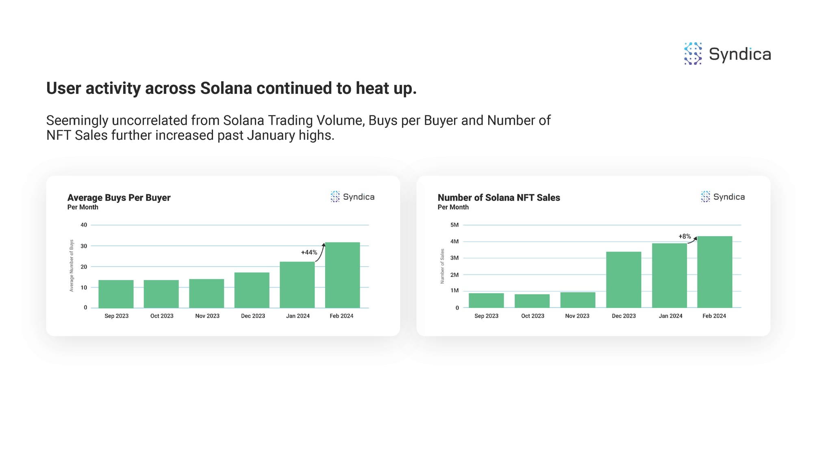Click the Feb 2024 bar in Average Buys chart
pyautogui.click(x=342, y=275)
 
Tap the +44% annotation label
pyautogui.click(x=309, y=252)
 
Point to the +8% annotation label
pyautogui.click(x=685, y=236)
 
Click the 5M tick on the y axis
pyautogui.click(x=454, y=225)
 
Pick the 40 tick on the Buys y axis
pyautogui.click(x=84, y=225)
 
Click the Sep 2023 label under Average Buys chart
pyautogui.click(x=116, y=316)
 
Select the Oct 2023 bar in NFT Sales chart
pyautogui.click(x=532, y=301)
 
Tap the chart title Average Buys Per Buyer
pyautogui.click(x=119, y=198)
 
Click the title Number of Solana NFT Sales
pyautogui.click(x=499, y=198)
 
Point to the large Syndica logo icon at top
pyautogui.click(x=693, y=54)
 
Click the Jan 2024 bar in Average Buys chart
pyautogui.click(x=297, y=285)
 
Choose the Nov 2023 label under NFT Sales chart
pyautogui.click(x=577, y=316)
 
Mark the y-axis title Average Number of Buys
pyautogui.click(x=72, y=265)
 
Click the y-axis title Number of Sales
pyautogui.click(x=442, y=266)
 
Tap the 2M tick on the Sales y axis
pyautogui.click(x=454, y=275)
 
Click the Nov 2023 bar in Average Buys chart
pyautogui.click(x=207, y=293)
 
